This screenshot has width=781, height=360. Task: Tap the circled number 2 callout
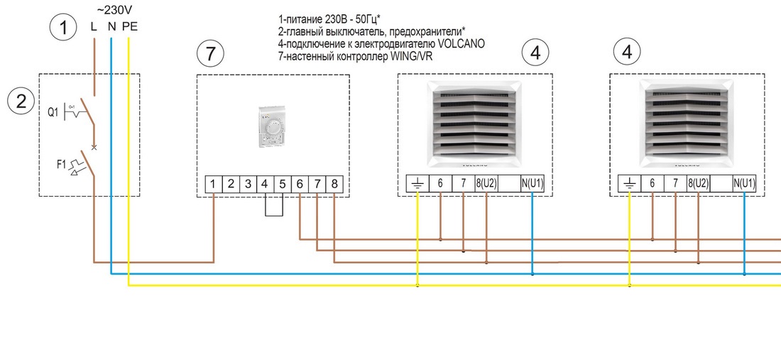point(21,101)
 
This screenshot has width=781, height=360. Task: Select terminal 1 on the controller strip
point(214,184)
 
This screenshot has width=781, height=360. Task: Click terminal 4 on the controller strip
point(265,184)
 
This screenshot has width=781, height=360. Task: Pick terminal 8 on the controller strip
point(334,184)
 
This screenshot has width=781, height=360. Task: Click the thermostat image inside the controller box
point(273,128)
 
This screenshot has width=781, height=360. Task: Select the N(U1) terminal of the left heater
point(532,185)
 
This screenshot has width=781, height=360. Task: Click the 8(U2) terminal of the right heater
point(699,185)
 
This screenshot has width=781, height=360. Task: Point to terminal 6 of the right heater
point(652,185)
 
